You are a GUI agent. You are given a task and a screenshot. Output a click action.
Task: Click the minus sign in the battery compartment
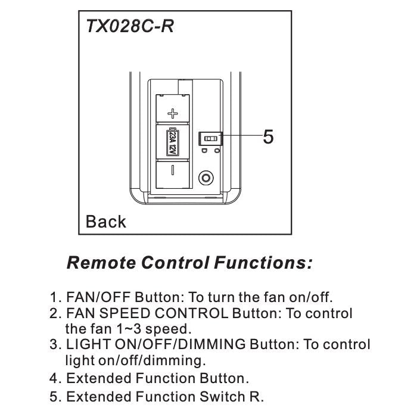172,170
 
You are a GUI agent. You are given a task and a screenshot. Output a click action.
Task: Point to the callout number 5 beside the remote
268,137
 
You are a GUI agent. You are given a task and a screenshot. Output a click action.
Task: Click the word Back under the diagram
106,222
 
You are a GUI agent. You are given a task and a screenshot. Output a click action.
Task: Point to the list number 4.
55,378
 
